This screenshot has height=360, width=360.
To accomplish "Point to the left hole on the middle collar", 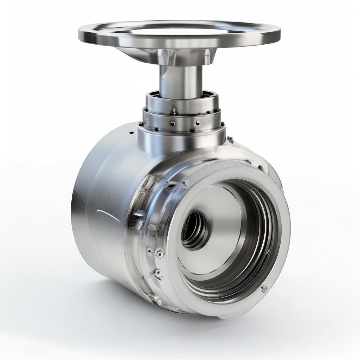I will coord(172,124).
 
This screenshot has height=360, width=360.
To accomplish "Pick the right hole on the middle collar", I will coord(198,123).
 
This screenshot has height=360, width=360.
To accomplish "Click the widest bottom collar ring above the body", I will coord(181,141).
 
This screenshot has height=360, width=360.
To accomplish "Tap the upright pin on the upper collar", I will coord(174,111).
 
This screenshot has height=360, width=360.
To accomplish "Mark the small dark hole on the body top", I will coord(132,133).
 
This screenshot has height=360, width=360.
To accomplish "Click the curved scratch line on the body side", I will coord(108,215).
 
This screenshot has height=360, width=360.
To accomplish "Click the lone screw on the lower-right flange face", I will coord(264,289).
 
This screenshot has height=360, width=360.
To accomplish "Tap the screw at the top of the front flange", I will coord(184,184).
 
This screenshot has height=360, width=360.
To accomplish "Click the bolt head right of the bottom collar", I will coord(230,139).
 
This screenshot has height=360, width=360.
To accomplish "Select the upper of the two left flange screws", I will coord(160,253).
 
